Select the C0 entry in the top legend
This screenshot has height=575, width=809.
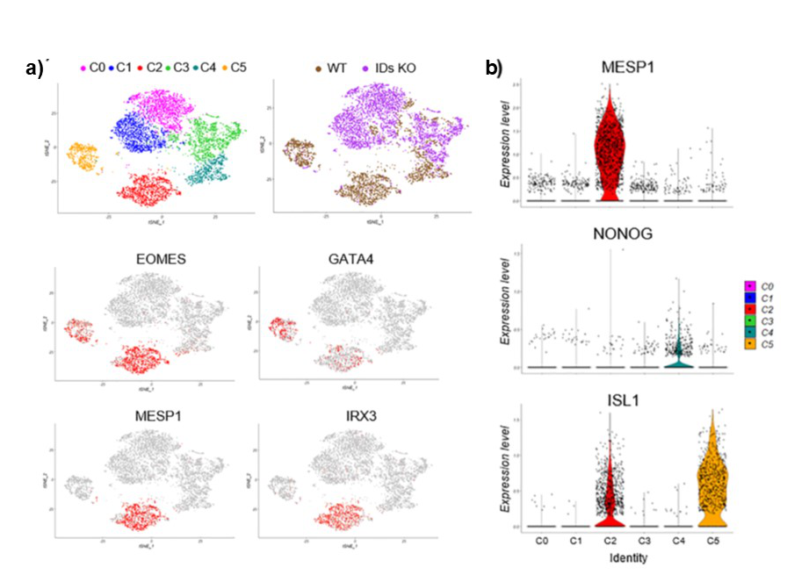92,68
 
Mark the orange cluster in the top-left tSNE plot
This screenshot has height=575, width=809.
86,159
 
